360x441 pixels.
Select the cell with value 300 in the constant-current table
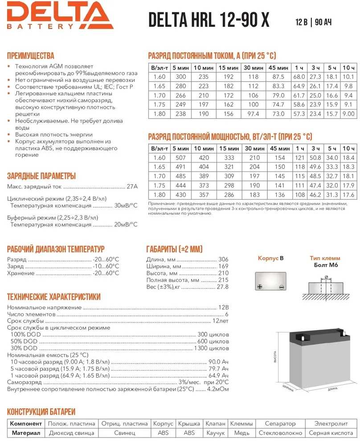click(x=180, y=77)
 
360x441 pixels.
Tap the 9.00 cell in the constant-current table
click(x=348, y=114)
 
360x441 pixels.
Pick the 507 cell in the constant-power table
click(x=180, y=158)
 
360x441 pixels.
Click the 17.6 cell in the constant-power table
click(x=348, y=195)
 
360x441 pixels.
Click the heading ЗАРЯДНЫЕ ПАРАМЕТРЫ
click(x=41, y=176)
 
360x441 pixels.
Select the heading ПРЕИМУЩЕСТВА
click(x=31, y=56)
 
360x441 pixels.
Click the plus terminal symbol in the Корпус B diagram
click(x=260, y=287)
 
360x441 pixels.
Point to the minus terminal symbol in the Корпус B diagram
click(x=281, y=287)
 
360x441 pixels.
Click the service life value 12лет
click(x=220, y=321)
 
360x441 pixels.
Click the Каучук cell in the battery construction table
click(x=215, y=433)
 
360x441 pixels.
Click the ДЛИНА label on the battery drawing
click(x=332, y=388)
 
